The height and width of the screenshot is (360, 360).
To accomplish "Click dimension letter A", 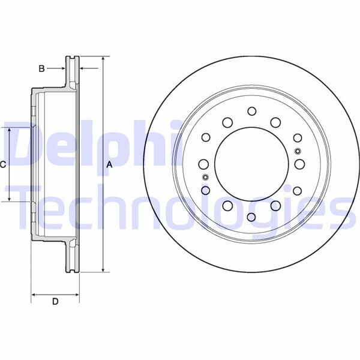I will click(109, 164).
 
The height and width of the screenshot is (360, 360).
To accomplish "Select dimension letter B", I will click(41, 68).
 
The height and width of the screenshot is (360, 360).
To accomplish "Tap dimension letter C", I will click(3, 164).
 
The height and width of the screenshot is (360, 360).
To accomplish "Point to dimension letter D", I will click(55, 302).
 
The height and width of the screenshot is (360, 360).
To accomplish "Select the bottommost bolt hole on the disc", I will click(251, 217).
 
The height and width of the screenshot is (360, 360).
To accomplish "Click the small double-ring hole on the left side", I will click(205, 177).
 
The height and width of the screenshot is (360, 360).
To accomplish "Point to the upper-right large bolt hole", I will click(275, 122).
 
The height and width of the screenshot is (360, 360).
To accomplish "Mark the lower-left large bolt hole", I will click(228, 206).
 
